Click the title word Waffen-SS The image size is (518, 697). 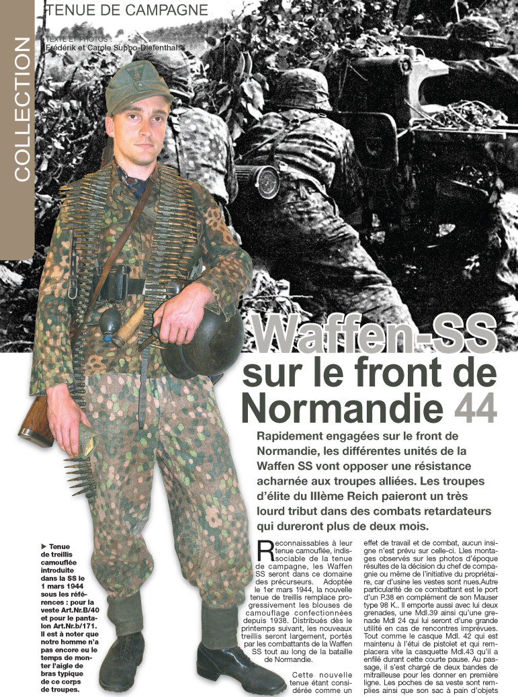[x=376, y=333]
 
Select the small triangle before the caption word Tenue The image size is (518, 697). [x=44, y=545]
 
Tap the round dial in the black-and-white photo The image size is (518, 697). [x=267, y=179]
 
